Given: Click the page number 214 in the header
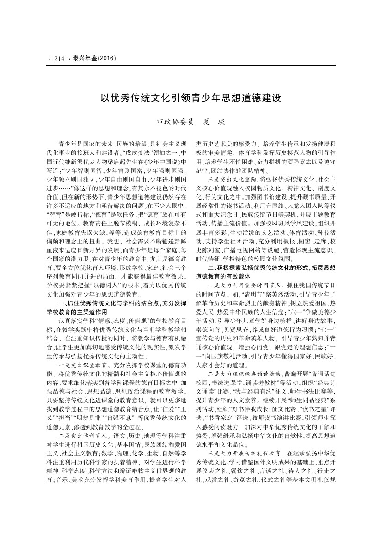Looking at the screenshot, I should (x=59, y=59).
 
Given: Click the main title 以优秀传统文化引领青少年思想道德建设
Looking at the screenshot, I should (x=191, y=98).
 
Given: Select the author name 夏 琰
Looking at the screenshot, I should (x=213, y=122).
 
